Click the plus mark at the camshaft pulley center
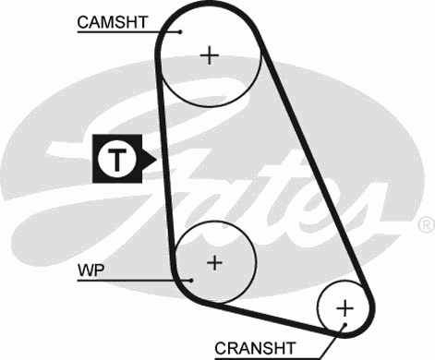[x=211, y=55]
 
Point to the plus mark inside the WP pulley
[x=214, y=263]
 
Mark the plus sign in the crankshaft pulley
[x=344, y=307]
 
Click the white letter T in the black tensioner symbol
[x=115, y=160]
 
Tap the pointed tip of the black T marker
[x=156, y=160]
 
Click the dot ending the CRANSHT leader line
[x=343, y=325]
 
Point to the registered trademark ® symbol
[x=425, y=224]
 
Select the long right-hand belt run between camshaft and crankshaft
[x=314, y=166]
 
